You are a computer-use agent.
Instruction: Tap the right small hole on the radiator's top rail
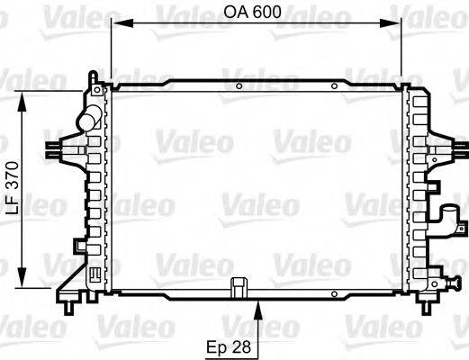coord(334,86)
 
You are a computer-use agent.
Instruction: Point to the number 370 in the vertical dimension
coord(12,176)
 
